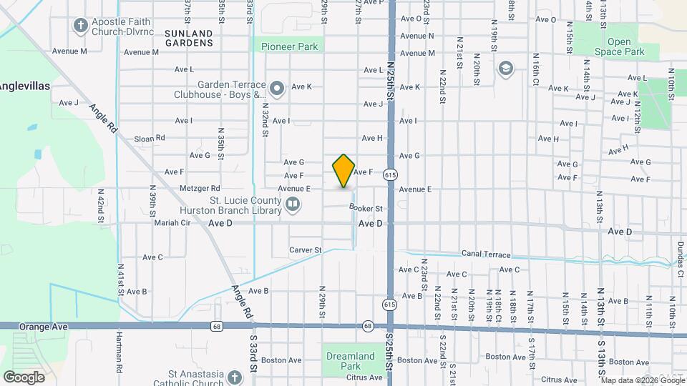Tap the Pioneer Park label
[289, 46]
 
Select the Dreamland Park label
[350, 361]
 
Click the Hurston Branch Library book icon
[292, 206]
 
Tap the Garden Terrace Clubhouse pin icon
[278, 89]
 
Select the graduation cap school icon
[506, 69]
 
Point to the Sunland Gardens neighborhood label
[188, 38]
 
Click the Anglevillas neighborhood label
[24, 86]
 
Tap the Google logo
[24, 377]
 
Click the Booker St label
[366, 208]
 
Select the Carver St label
[306, 250]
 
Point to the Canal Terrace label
[486, 254]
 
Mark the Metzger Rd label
[180, 189]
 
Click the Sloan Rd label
[150, 138]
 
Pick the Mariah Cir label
[172, 222]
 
